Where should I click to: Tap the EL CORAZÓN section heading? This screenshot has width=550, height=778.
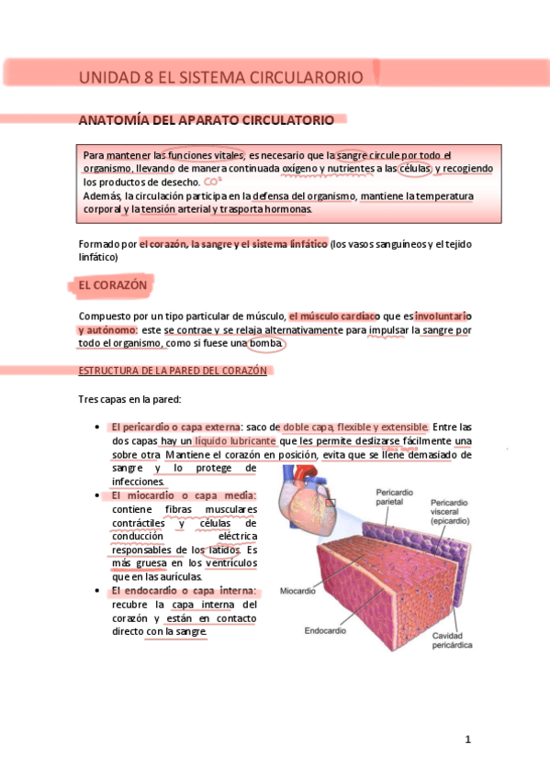(113, 286)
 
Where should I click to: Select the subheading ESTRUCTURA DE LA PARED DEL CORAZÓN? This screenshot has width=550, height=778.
(173, 371)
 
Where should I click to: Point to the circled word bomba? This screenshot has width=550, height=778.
(267, 344)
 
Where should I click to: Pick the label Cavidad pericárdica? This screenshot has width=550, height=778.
(452, 640)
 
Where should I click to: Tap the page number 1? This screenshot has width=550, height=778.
(467, 739)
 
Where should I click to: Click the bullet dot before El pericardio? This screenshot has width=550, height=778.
(98, 428)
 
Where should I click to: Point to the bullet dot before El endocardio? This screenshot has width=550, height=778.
(98, 592)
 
